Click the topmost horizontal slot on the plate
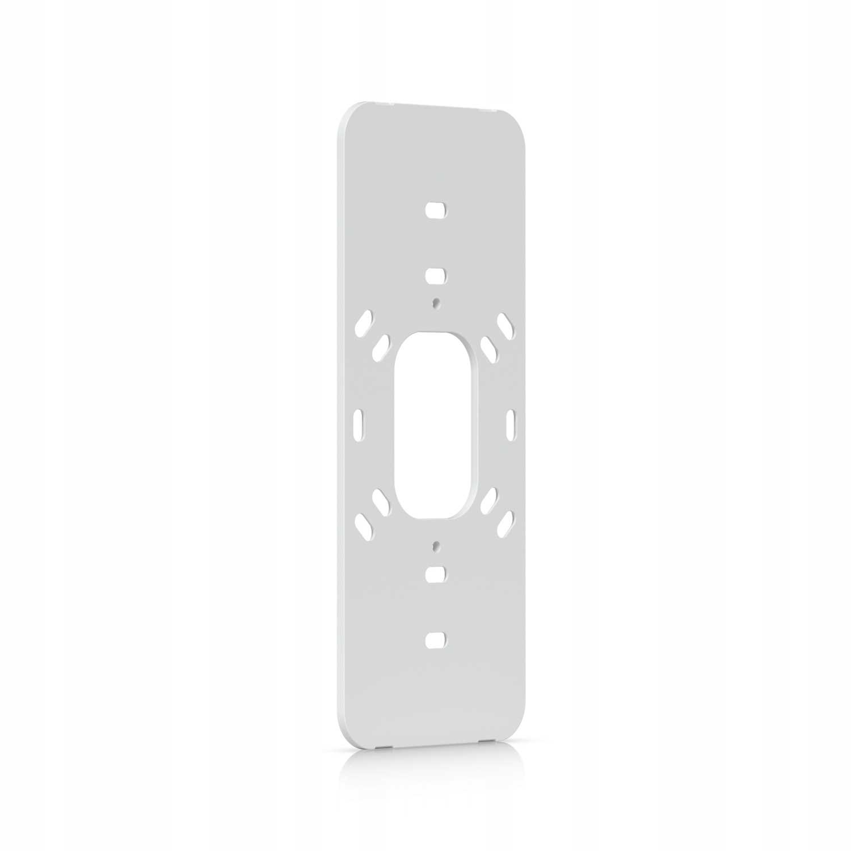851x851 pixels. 435,209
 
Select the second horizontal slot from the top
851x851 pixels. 435,276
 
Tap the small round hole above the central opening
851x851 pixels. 435,303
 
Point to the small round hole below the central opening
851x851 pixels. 435,546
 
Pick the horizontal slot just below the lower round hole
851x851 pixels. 435,573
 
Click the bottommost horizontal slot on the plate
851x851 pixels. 435,639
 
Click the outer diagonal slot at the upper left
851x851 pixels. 363,323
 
